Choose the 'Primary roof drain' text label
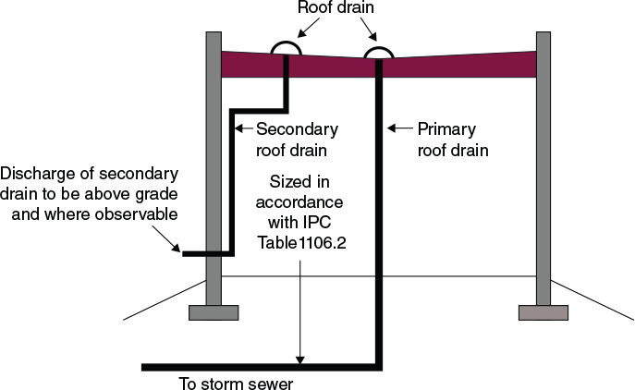(452, 139)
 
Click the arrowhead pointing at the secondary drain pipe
(241, 128)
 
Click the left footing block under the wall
(214, 311)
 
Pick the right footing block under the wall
(543, 311)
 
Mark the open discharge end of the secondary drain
(184, 252)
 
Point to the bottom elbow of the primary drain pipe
(378, 366)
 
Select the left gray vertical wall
(214, 185)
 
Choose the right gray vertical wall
(543, 185)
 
